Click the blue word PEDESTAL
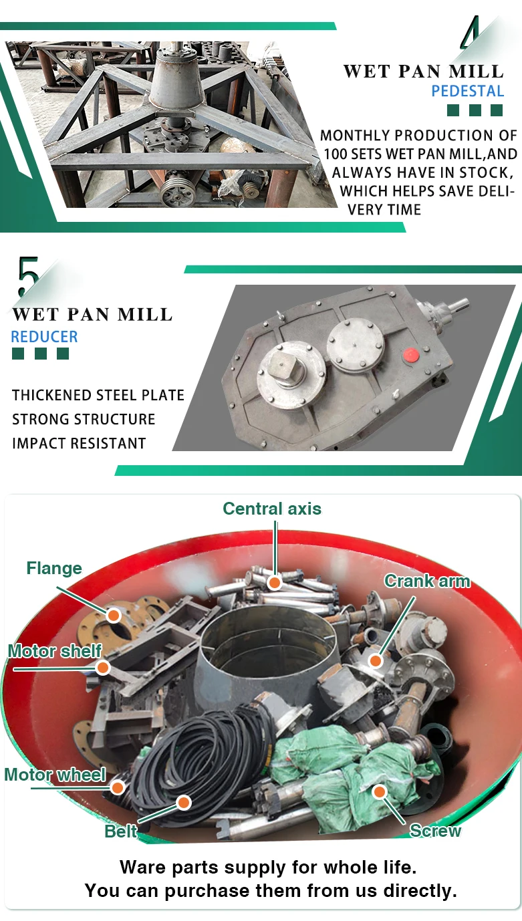tap(467, 91)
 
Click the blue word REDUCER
tap(44, 337)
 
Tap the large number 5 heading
tap(29, 277)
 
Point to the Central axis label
tap(271, 509)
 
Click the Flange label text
tap(54, 568)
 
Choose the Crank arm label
tap(426, 581)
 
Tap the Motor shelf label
tap(55, 650)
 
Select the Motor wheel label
tap(55, 775)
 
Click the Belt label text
tap(120, 831)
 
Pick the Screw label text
tap(435, 831)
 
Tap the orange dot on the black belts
tap(183, 802)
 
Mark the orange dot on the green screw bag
tap(379, 793)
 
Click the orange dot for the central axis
tap(274, 582)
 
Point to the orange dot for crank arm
tap(376, 661)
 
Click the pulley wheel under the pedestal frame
tap(177, 194)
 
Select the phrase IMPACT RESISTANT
tap(79, 443)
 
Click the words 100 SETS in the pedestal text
tap(352, 154)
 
